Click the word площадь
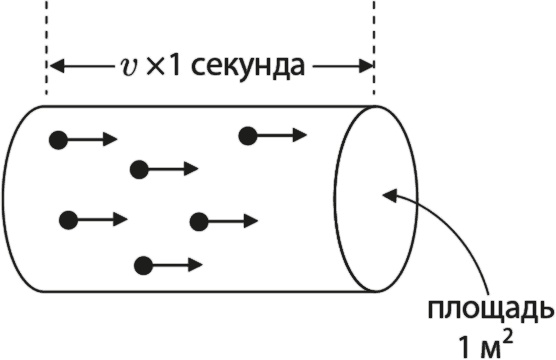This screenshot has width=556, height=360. [490, 306]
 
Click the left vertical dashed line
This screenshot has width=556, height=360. [47, 40]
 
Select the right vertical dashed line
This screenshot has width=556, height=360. [374, 40]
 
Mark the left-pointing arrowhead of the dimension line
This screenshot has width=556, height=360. [56, 67]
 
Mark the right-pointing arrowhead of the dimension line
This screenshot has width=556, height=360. [365, 67]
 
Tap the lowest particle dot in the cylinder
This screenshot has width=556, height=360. [143, 265]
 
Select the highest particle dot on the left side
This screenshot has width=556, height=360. [59, 140]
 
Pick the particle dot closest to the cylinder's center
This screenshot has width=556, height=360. [198, 221]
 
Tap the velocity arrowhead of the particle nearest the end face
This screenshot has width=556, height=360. [302, 135]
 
